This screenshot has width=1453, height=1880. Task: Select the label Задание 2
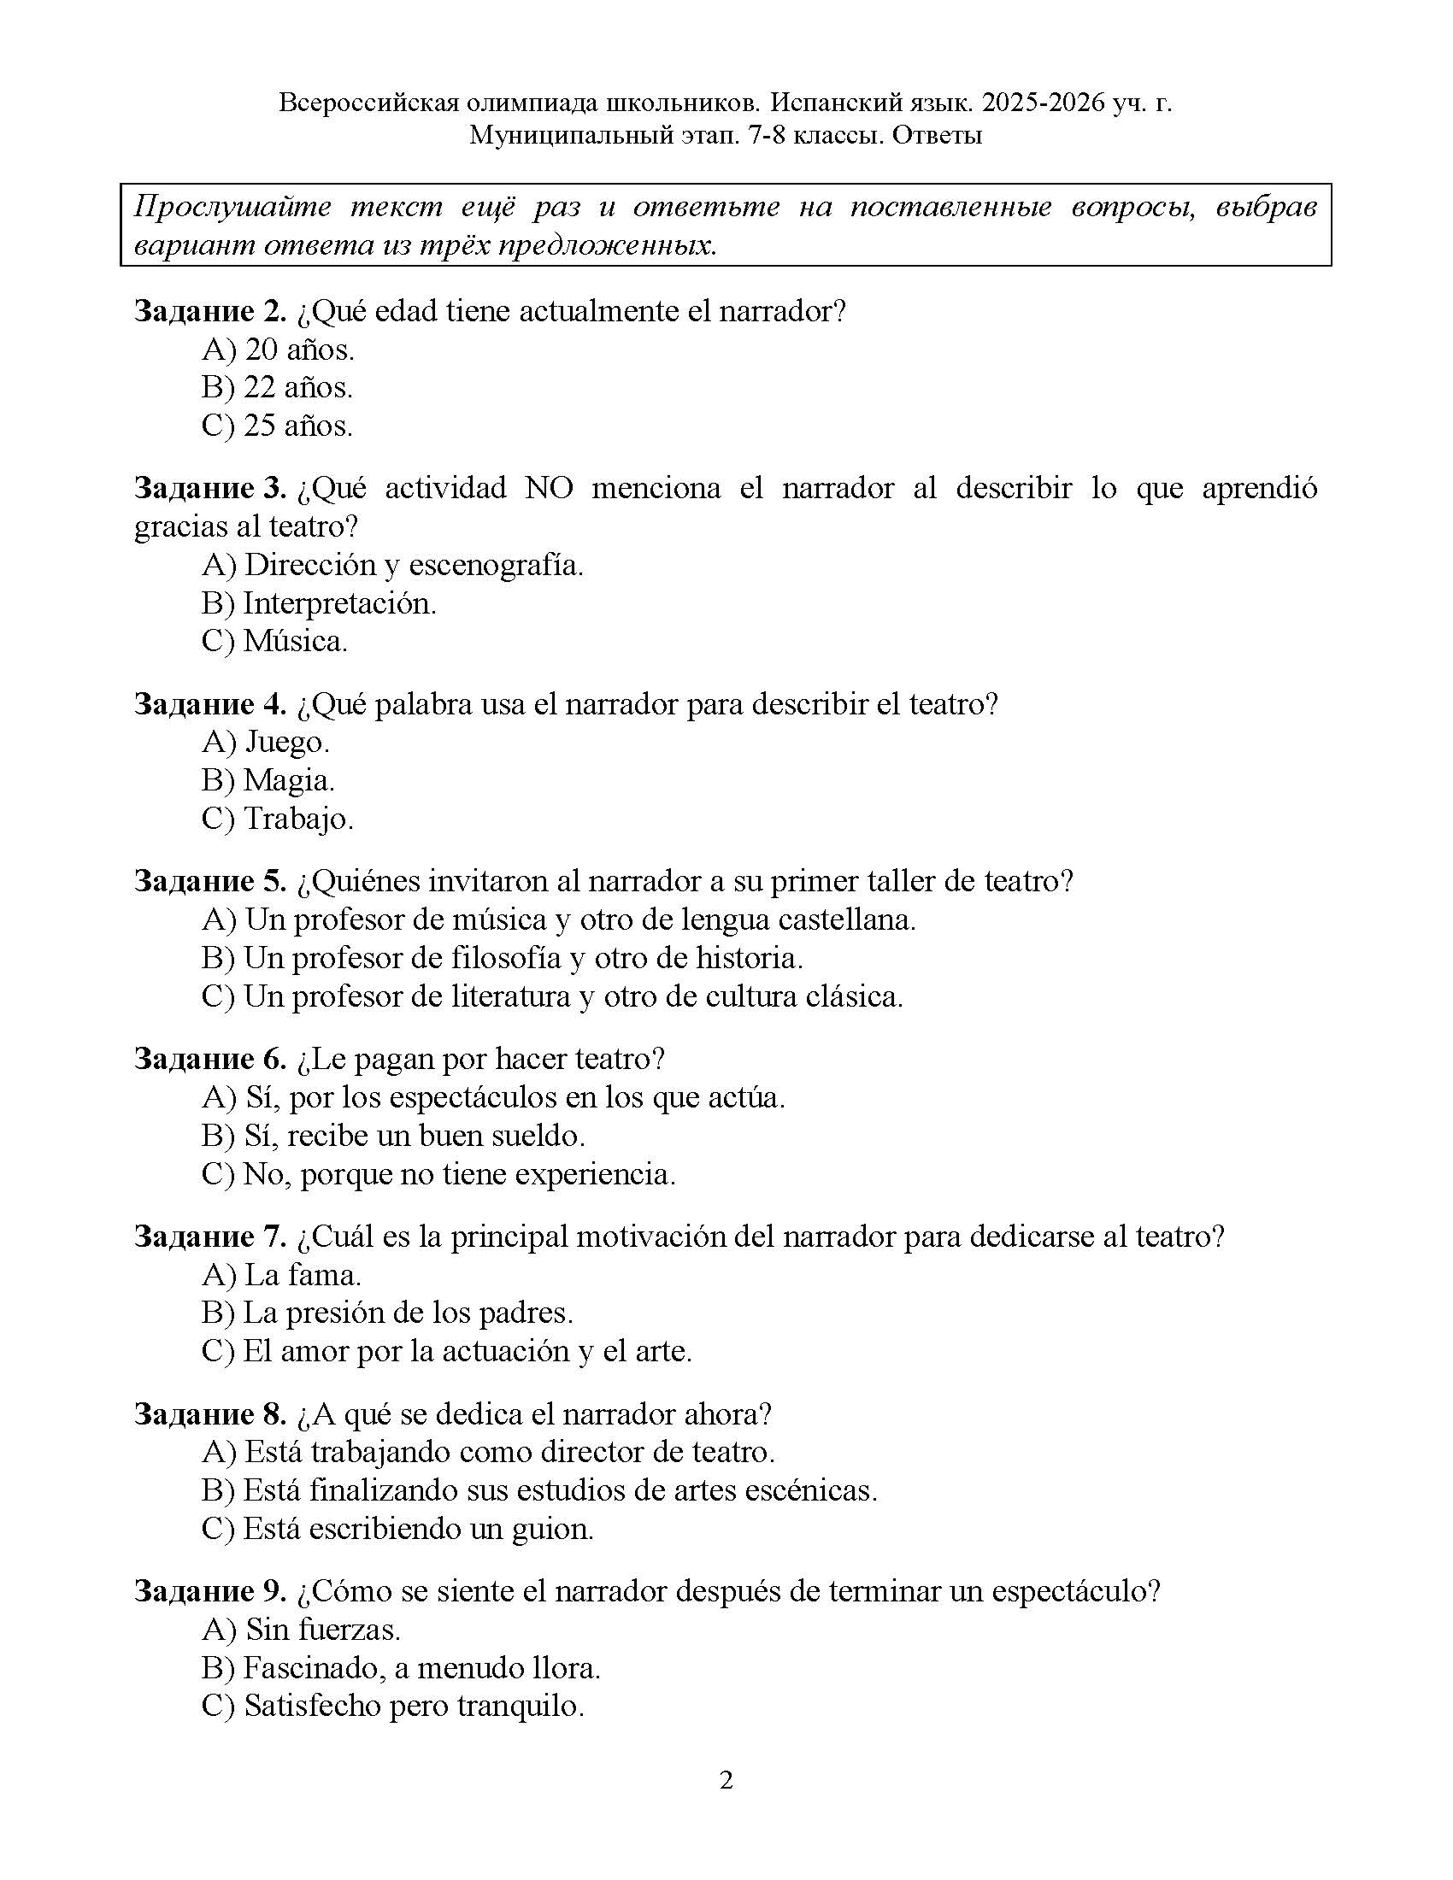pyautogui.click(x=210, y=311)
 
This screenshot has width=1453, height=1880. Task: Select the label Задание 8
pyautogui.click(x=210, y=1413)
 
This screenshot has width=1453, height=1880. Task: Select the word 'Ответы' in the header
pyautogui.click(x=937, y=135)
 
